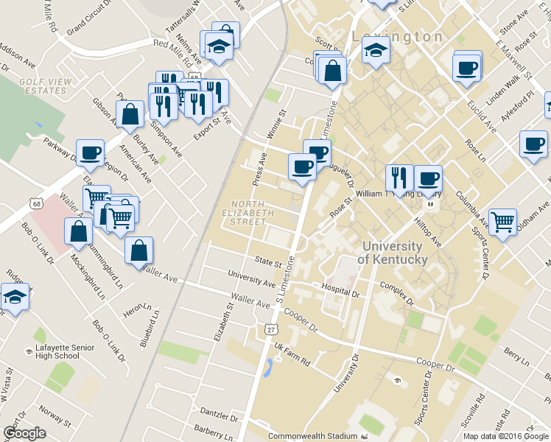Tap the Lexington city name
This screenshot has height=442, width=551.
point(397,36)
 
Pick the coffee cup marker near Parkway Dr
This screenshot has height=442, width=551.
point(90,152)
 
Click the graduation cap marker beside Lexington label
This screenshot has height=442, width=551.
point(376,52)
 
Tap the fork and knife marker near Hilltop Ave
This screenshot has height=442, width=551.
point(399,177)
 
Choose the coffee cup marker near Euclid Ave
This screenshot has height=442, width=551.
point(467,69)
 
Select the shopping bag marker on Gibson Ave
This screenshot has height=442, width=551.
point(130,115)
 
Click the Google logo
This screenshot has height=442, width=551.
point(24,433)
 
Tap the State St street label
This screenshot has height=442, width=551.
point(269,262)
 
